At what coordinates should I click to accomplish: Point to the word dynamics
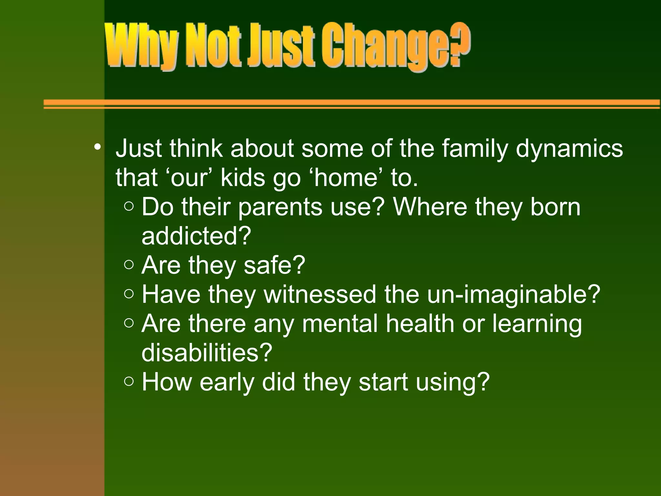(569, 149)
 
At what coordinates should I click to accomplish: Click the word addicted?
(196, 236)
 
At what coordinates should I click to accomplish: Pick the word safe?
(274, 265)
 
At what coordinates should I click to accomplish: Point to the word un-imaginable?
(514, 294)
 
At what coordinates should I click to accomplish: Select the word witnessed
(320, 294)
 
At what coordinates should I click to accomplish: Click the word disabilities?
(207, 353)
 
